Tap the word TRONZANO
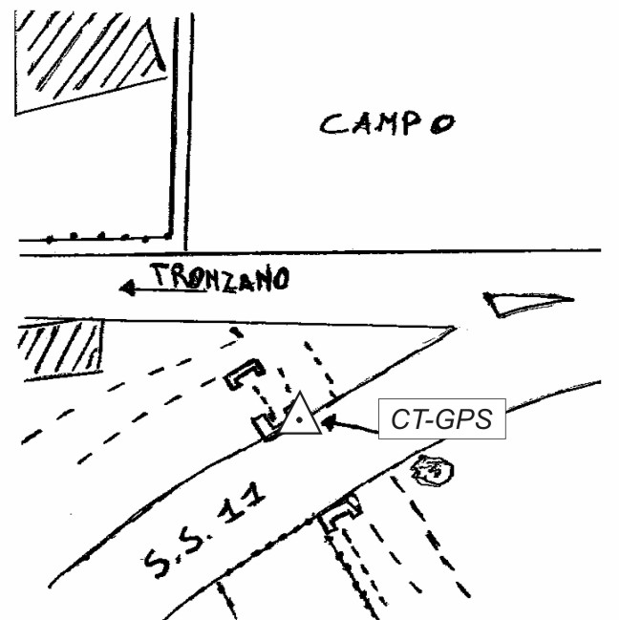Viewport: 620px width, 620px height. pos(220,277)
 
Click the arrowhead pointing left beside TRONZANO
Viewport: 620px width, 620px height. pos(127,285)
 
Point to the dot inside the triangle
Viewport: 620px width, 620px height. pos(300,418)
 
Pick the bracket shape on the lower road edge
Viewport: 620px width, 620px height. pos(339,514)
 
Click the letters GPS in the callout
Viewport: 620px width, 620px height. pos(471,420)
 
